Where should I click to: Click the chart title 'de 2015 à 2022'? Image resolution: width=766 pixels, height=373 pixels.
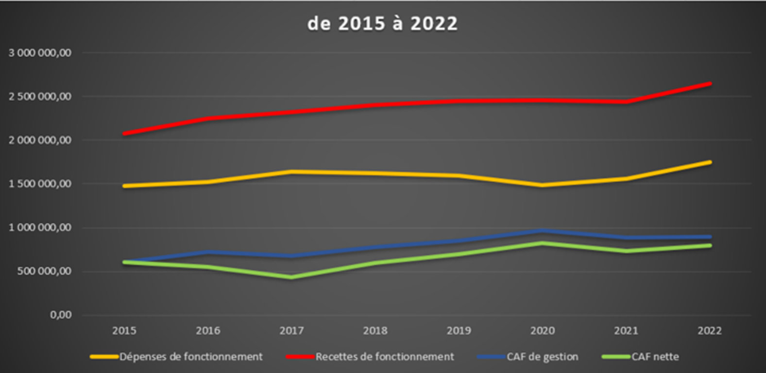point(382,24)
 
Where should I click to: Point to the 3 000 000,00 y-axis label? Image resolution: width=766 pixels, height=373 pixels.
point(40,53)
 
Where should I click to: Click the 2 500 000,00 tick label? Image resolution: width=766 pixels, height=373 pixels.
point(40,97)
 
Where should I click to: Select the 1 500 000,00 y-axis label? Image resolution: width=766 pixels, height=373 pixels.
point(40,184)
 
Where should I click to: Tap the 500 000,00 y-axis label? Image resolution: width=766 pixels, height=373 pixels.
point(43,271)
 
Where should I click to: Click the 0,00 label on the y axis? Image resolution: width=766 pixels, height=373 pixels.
point(61,315)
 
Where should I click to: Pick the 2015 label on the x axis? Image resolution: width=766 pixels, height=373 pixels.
point(124,331)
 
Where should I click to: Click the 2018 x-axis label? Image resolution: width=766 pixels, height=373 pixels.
point(375,331)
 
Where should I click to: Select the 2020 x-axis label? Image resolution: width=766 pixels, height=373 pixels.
point(543,331)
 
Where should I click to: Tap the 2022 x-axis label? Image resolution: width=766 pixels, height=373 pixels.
point(710,331)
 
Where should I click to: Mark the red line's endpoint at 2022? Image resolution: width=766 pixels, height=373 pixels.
point(710,84)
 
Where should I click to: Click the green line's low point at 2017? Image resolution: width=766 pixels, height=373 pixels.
point(291,277)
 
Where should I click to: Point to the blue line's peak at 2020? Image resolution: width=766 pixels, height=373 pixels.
point(543,231)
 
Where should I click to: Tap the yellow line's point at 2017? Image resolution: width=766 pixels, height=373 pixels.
point(291,172)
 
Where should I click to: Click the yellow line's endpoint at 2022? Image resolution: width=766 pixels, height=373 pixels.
point(710,162)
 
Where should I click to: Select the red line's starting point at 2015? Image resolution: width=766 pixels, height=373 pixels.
point(125,133)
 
